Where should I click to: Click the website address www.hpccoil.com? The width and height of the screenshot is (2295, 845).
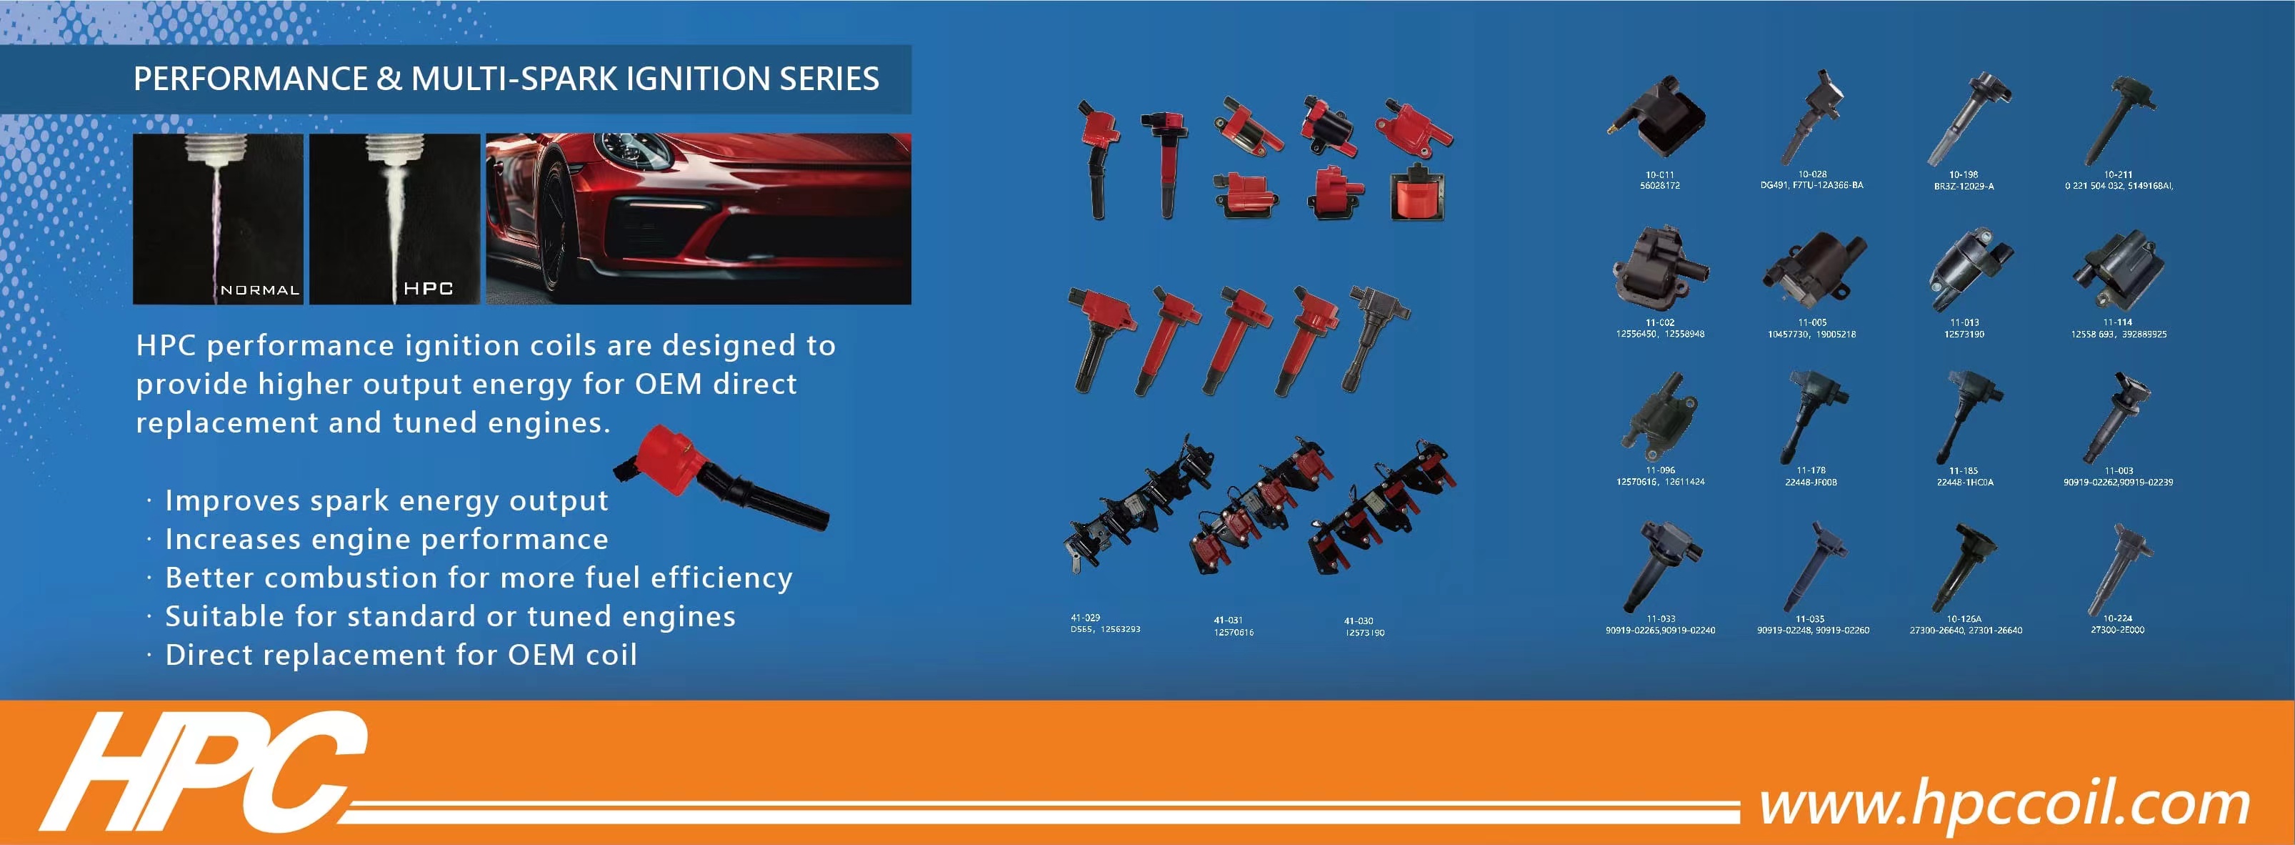(2004, 805)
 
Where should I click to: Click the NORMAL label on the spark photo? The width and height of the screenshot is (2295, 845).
(259, 290)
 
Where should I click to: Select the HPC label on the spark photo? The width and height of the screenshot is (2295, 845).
(428, 288)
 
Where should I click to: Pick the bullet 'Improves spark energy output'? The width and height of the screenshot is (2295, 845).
(386, 501)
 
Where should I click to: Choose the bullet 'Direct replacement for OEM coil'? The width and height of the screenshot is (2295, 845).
(401, 655)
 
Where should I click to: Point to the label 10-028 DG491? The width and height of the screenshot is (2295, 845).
(1811, 180)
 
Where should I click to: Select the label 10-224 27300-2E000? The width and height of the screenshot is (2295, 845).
(2117, 624)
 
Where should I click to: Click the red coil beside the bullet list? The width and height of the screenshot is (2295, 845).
(721, 478)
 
